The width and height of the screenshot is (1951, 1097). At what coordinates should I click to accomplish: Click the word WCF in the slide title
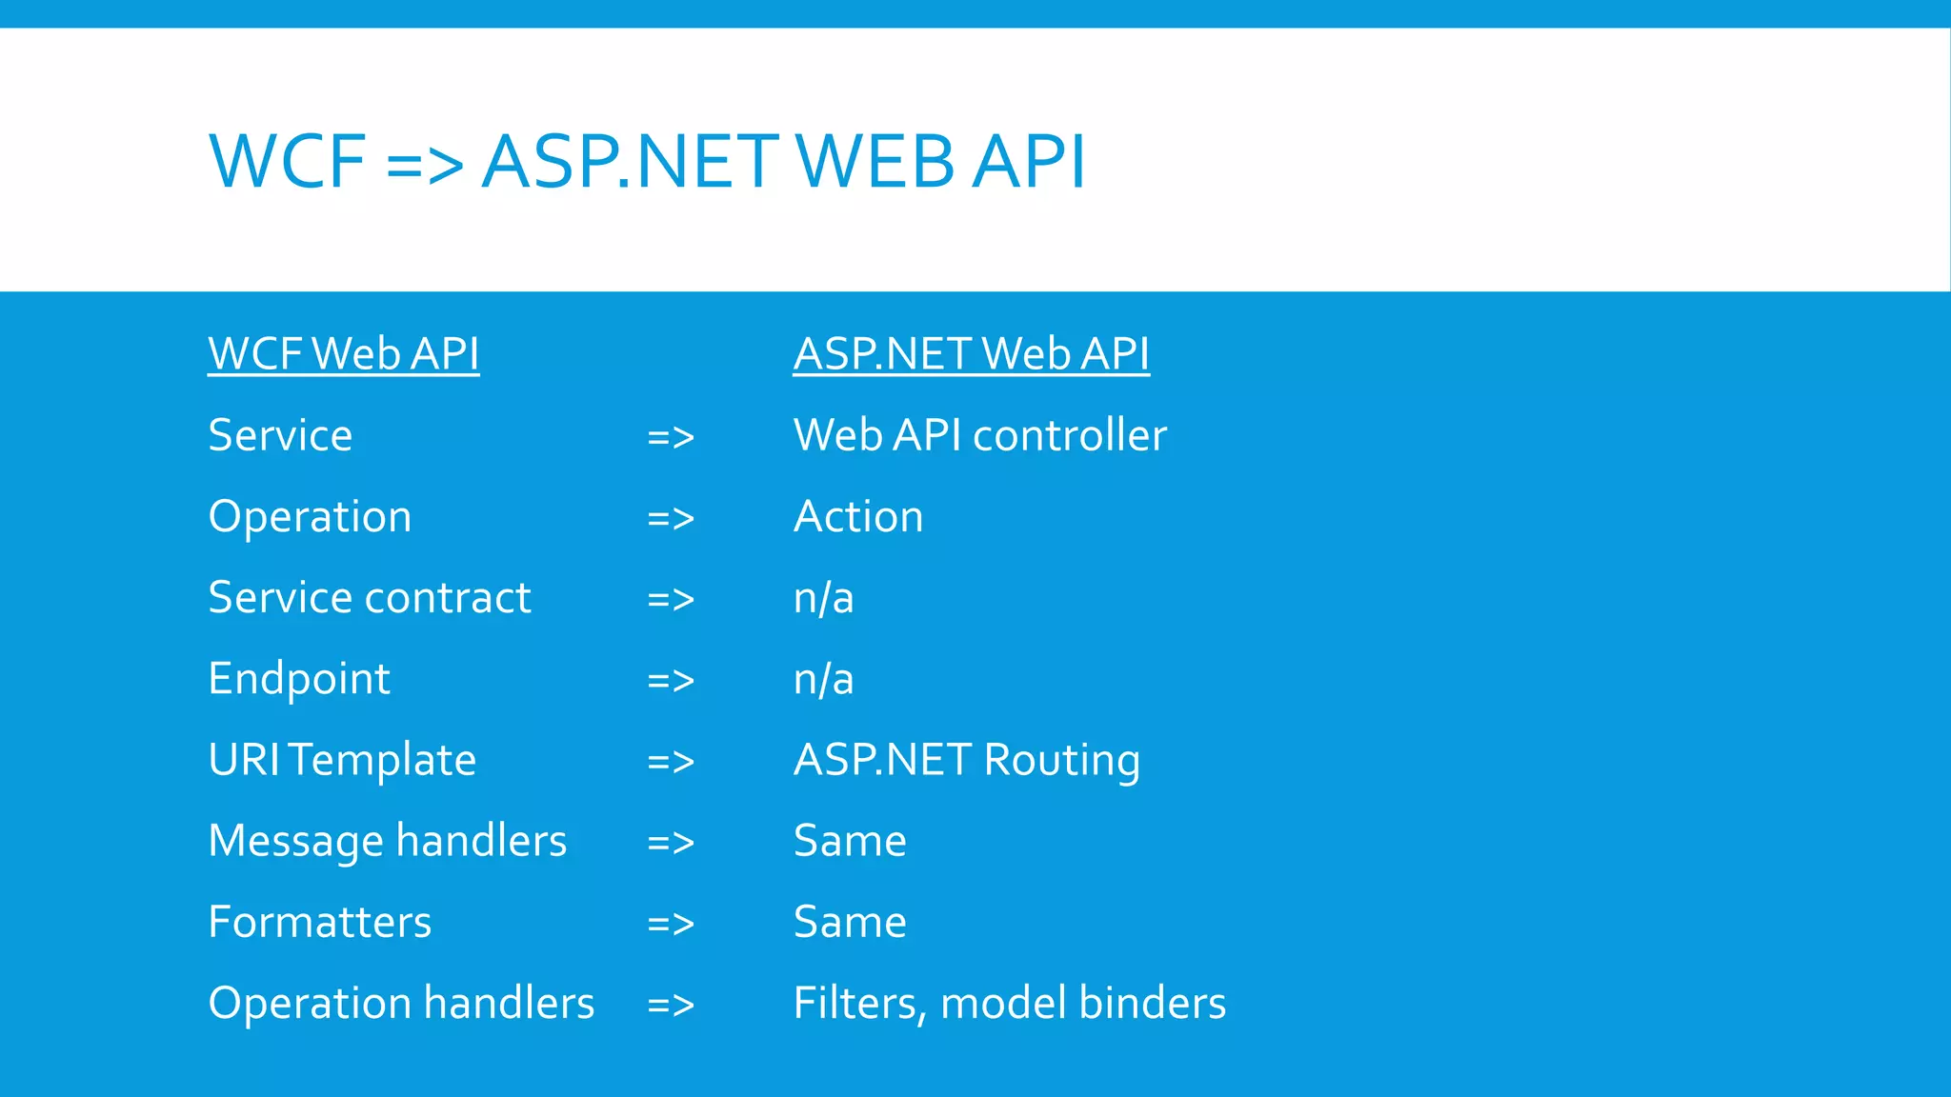pyautogui.click(x=287, y=162)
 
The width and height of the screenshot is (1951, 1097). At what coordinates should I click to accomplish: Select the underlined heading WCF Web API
pyautogui.click(x=343, y=354)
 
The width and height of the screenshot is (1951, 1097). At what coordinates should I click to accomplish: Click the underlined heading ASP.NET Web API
pyautogui.click(x=971, y=354)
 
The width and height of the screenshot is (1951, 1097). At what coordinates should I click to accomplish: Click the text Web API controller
pyautogui.click(x=979, y=436)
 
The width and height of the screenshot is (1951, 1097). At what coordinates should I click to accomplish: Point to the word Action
pyautogui.click(x=857, y=517)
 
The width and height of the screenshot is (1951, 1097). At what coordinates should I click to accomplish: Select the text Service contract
pyautogui.click(x=369, y=598)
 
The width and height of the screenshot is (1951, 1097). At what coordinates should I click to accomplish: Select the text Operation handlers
pyautogui.click(x=401, y=1004)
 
